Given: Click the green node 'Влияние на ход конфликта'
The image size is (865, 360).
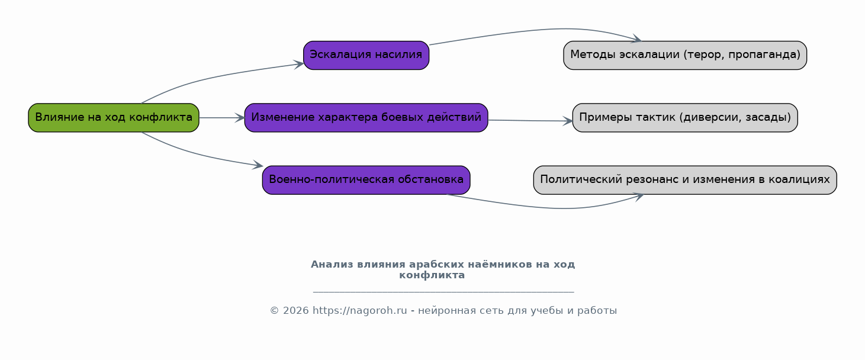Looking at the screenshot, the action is (114, 117).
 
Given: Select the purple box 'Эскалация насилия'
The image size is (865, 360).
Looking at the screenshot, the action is (366, 55).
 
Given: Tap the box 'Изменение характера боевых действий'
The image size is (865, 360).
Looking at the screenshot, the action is (366, 117).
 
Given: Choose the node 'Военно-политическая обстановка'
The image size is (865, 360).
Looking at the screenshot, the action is (366, 180).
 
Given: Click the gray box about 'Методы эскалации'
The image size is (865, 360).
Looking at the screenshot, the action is (685, 55).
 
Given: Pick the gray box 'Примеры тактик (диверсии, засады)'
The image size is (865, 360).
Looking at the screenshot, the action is (685, 117).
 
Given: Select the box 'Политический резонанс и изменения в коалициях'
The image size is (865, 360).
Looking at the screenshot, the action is (685, 180).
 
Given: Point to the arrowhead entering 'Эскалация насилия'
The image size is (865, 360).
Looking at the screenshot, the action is (299, 65).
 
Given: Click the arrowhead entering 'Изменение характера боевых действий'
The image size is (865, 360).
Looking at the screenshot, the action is (240, 118).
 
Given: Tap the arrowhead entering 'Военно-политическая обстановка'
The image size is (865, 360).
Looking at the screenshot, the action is (258, 165).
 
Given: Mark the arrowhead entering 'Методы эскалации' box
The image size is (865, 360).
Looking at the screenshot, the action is (636, 38).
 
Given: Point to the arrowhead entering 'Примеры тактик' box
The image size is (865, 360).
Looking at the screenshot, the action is (568, 121).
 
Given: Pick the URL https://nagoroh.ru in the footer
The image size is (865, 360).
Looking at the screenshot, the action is (359, 310).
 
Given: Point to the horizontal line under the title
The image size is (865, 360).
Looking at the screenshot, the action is (443, 292).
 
